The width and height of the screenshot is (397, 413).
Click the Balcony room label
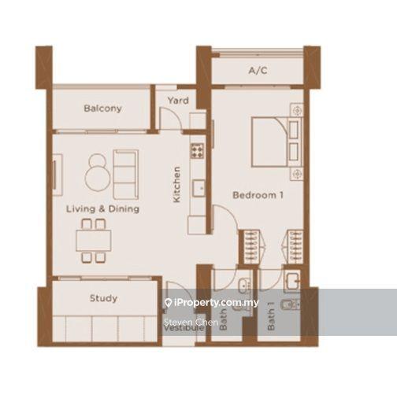[102, 109]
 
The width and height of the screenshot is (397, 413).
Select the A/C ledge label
[257, 71]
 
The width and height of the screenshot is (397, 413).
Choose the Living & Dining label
[102, 209]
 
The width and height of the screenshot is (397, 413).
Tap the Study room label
[103, 298]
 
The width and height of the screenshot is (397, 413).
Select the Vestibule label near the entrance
[183, 328]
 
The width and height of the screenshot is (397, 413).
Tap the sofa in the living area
[125, 173]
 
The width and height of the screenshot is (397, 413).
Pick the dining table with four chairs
[93, 241]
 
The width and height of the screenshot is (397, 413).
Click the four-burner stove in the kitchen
[197, 147]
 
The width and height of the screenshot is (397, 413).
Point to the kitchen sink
[199, 188]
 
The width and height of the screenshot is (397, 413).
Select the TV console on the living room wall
[57, 173]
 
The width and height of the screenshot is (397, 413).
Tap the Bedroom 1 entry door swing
[223, 219]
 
